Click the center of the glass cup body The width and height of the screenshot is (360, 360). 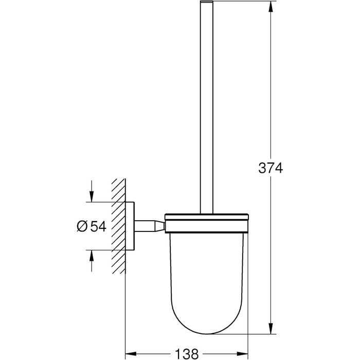(x=206, y=273)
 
